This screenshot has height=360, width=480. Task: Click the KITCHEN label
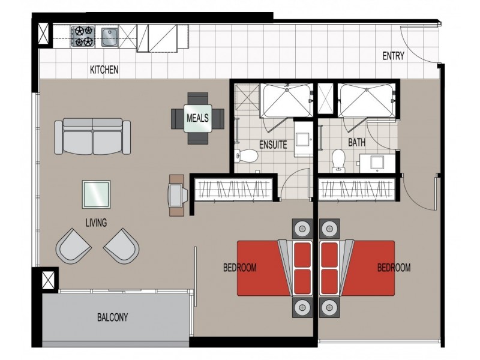click(x=104, y=70)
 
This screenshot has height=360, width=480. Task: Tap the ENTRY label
click(x=393, y=56)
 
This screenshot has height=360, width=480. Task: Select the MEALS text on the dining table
click(x=197, y=118)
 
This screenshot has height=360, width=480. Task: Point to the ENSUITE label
click(x=273, y=145)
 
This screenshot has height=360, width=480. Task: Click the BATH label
click(x=358, y=143)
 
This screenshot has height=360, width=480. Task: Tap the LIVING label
click(x=96, y=223)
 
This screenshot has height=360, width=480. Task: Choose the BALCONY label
click(x=113, y=317)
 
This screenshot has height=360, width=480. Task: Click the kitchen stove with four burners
click(x=82, y=36)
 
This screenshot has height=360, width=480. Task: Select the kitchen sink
click(x=110, y=37)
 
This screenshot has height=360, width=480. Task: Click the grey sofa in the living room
click(x=93, y=136)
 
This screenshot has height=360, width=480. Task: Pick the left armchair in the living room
click(x=73, y=245)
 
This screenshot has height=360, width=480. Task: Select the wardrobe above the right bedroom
click(x=358, y=190)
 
